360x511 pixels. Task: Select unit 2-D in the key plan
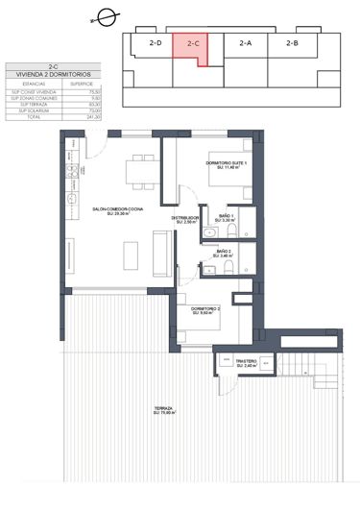(155, 43)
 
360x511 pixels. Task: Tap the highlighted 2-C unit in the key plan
(192, 44)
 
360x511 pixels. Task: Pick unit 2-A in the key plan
(245, 43)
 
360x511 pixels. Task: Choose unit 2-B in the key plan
(292, 43)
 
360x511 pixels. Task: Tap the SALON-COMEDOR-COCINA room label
(119, 210)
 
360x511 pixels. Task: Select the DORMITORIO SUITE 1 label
(227, 164)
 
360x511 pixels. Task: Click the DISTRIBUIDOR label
(184, 218)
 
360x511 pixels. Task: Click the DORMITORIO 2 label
(207, 308)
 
